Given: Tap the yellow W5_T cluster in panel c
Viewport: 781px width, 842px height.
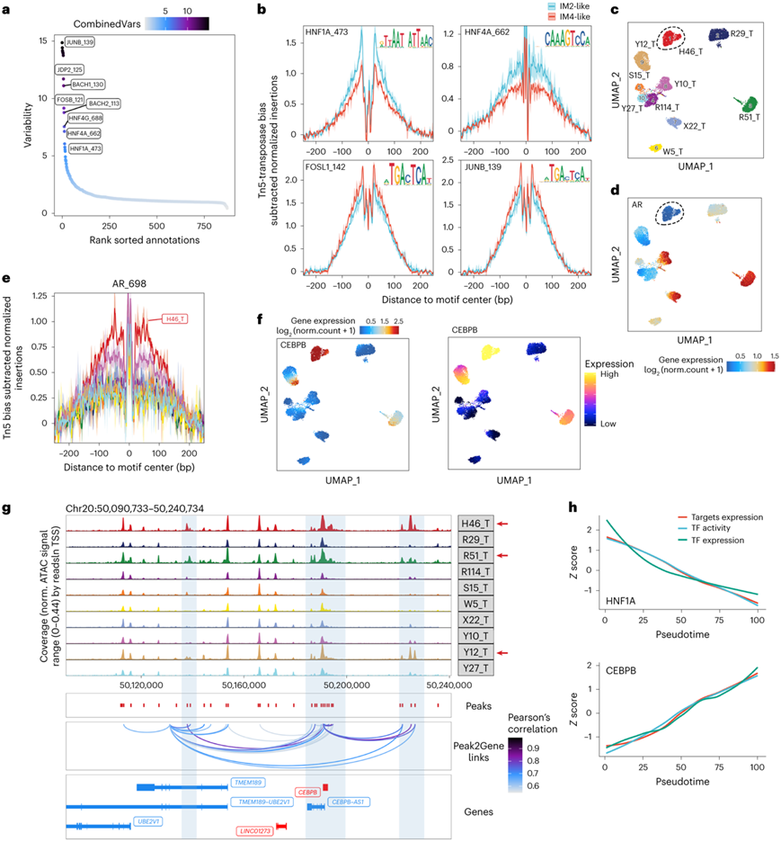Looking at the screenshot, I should (x=655, y=148).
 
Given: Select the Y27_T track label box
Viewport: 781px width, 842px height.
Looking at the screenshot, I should (x=475, y=666).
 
